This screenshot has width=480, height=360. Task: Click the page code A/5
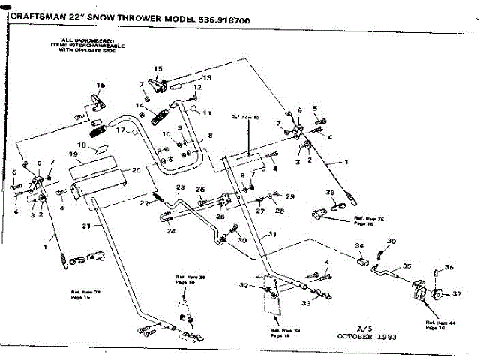[364, 327]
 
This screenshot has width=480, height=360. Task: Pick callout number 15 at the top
[157, 69]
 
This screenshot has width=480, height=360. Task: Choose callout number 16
[100, 85]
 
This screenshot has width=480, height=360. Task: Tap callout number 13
[208, 77]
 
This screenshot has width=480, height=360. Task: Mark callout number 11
[207, 112]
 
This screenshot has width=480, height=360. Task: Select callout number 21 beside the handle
[86, 225]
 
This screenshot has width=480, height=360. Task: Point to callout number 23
[180, 187]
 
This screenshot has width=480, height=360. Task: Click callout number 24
[171, 232]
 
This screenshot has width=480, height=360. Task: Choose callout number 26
[220, 217]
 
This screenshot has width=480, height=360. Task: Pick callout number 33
[305, 303]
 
